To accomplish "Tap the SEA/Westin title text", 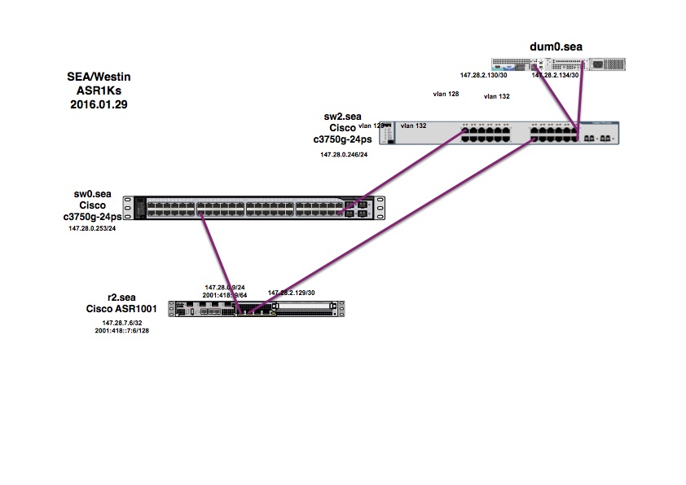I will pos(98,77).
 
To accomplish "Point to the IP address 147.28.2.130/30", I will pos(484,76).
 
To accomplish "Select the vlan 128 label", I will pos(446,95).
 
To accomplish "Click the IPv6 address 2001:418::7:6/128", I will pos(121,331).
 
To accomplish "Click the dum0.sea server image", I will pos(552,64).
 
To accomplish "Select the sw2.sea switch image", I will pos(505,133).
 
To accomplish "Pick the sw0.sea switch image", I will pos(253,209).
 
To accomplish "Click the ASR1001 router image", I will pos(257,308).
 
